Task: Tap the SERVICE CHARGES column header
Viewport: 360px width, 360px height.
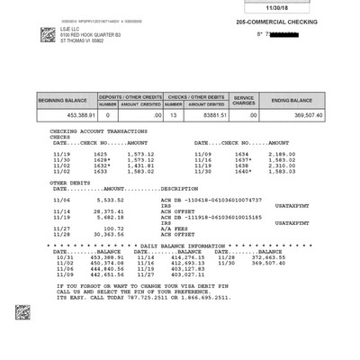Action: tap(244, 99)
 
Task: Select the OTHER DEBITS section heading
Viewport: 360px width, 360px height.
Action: tap(68, 182)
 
